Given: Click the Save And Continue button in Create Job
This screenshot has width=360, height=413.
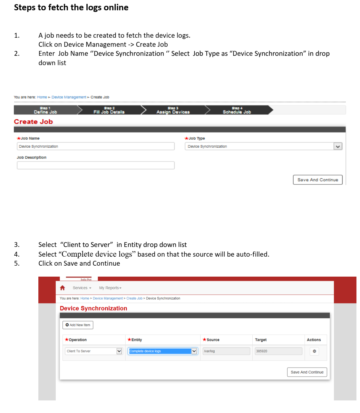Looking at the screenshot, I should (x=317, y=180).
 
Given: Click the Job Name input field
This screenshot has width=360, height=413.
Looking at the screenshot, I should (x=95, y=146).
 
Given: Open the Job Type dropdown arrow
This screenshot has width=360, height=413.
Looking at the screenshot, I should (x=338, y=146).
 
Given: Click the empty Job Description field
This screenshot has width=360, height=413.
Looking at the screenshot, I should (x=95, y=165).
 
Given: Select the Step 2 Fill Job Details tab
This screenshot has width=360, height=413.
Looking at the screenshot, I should (x=109, y=110).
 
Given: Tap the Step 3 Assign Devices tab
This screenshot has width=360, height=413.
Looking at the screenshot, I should (x=173, y=110).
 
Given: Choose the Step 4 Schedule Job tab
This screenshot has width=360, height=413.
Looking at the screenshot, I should (x=237, y=110).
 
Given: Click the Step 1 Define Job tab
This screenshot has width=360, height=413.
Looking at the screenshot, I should (x=45, y=110).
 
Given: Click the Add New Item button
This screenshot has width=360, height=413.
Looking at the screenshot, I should (x=78, y=325).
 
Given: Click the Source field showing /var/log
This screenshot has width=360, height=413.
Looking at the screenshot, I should (x=226, y=351).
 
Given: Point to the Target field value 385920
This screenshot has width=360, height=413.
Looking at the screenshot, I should (x=278, y=351).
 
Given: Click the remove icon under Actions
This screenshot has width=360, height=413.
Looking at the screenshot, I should (x=314, y=351).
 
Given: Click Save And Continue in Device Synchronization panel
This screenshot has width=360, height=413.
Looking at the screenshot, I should (x=307, y=372).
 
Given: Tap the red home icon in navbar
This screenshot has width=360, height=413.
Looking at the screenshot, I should (x=63, y=288).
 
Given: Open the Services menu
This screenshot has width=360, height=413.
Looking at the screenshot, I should (x=82, y=288).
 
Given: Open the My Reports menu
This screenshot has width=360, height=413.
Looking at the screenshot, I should (x=110, y=288).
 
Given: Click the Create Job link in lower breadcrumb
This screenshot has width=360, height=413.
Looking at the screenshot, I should (x=134, y=299).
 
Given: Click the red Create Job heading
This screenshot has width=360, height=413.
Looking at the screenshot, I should (x=33, y=122).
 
